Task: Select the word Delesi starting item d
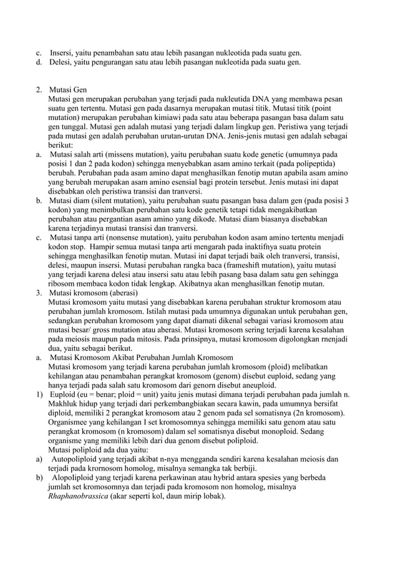point(61,62)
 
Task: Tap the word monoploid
point(274,431)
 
